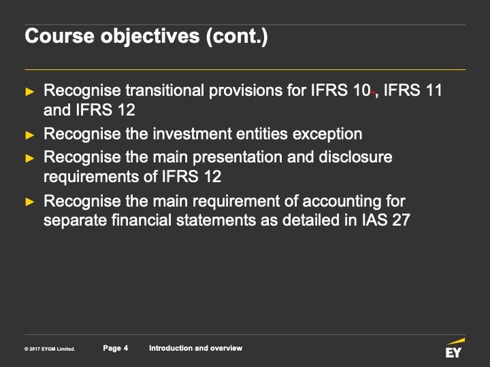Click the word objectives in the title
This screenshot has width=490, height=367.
[x=150, y=37]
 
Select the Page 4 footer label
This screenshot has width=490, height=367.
[x=116, y=348]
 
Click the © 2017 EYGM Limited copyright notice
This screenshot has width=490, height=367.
[x=50, y=349]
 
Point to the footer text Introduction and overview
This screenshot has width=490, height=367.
[x=195, y=348]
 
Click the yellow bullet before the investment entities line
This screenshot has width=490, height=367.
[x=30, y=135]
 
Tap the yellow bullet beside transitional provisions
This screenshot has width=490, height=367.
[x=30, y=92]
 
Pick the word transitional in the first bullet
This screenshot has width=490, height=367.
[x=165, y=90]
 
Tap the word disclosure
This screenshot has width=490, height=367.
[x=355, y=156]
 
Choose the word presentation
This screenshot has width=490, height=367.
[x=238, y=157]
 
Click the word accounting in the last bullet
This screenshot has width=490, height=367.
[x=342, y=201]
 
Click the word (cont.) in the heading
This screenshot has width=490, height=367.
[x=237, y=37]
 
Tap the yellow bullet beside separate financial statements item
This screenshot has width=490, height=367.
[x=30, y=202]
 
